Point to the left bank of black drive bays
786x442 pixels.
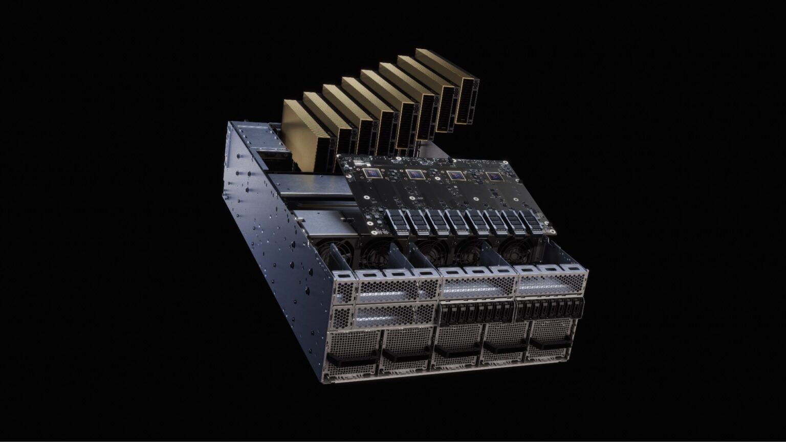[476, 312]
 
